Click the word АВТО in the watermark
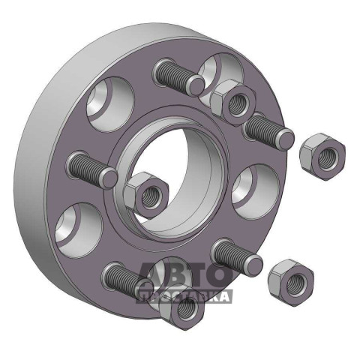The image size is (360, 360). (184, 275)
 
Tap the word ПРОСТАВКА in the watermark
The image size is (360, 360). (184, 296)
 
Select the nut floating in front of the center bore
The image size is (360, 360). (147, 195)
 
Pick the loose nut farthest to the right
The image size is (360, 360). (322, 157)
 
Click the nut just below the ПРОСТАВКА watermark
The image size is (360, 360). (182, 309)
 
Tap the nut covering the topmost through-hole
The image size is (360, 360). (233, 102)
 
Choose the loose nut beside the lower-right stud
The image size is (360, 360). (291, 283)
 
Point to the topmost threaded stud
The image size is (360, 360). (178, 76)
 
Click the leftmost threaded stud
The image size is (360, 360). (92, 169)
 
